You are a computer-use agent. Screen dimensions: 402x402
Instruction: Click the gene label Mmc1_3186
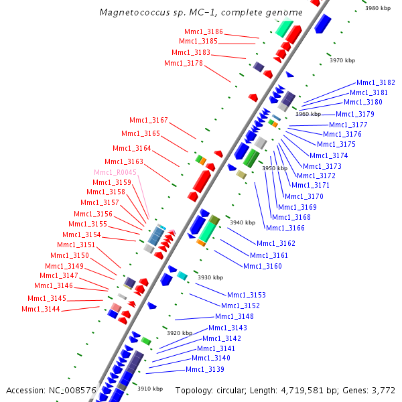click(204, 31)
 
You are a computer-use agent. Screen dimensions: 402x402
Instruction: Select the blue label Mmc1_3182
click(375, 82)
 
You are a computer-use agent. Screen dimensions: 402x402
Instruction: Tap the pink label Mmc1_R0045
click(115, 172)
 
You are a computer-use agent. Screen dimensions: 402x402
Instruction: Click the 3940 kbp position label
click(242, 222)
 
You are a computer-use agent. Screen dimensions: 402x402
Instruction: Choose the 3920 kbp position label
click(179, 333)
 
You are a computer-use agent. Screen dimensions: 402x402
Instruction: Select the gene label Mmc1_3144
click(41, 309)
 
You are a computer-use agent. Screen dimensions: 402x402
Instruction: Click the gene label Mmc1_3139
click(205, 369)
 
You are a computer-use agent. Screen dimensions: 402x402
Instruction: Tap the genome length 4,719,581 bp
click(289, 390)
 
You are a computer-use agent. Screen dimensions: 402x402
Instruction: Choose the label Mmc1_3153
click(247, 295)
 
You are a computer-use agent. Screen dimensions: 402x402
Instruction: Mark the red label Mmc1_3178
click(184, 63)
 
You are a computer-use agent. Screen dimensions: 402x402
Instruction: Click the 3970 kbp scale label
click(342, 60)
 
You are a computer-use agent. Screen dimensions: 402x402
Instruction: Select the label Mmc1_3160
click(263, 266)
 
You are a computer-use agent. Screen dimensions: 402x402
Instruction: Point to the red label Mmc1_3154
click(82, 234)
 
